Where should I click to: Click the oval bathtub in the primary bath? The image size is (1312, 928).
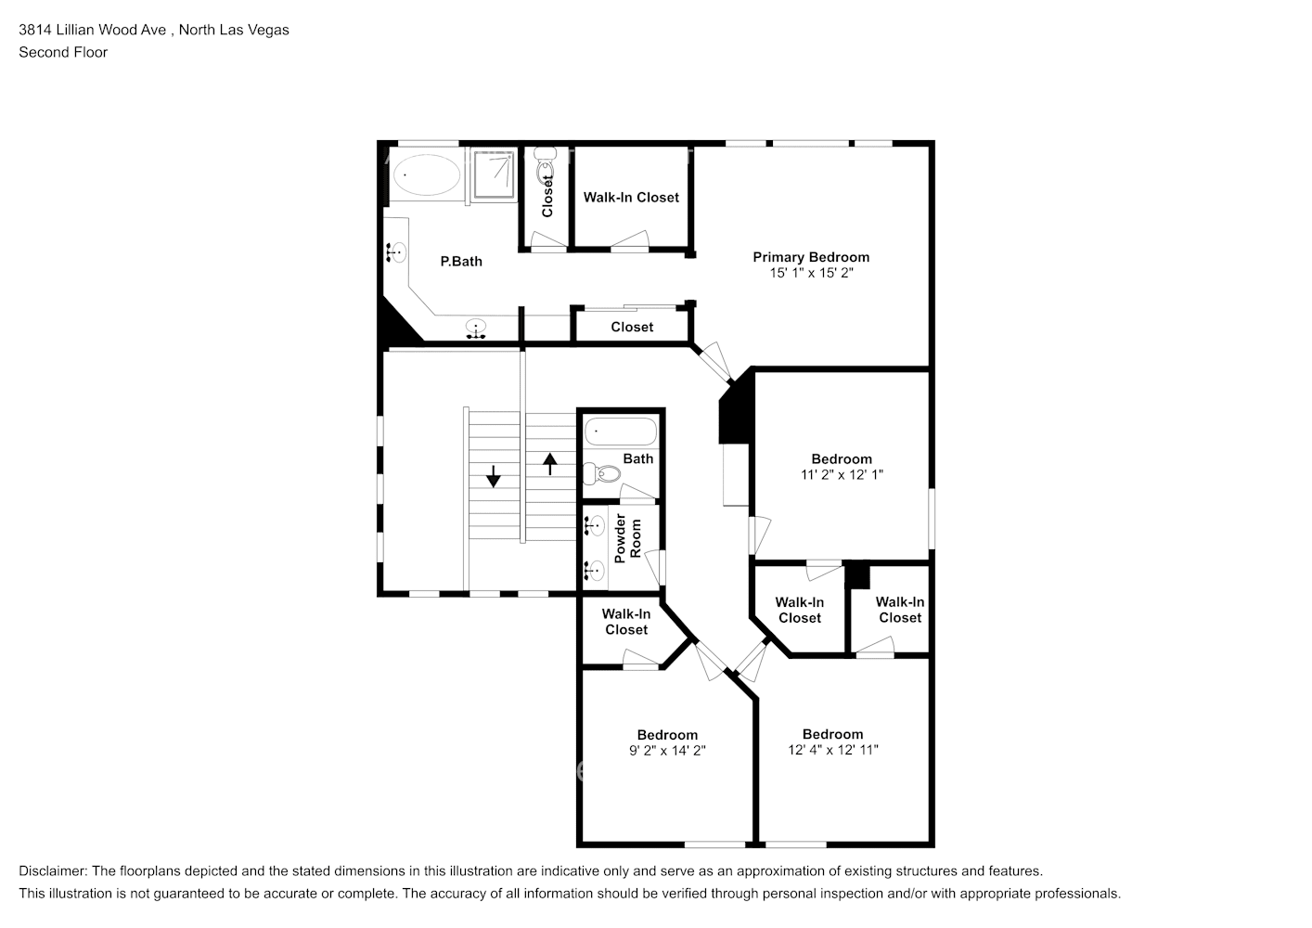[427, 174]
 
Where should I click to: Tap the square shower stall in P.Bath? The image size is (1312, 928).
[494, 174]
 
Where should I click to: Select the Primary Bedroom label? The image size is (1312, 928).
[811, 257]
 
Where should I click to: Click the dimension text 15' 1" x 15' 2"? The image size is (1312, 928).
[811, 273]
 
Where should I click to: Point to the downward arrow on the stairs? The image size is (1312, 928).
[494, 476]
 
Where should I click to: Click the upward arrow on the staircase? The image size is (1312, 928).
[549, 464]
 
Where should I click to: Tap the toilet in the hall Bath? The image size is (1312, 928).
[602, 472]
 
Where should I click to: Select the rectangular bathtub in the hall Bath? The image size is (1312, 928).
[621, 432]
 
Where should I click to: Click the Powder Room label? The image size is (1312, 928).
[628, 538]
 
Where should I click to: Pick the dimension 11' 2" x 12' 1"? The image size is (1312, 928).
[842, 475]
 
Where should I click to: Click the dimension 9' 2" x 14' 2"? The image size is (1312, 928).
[667, 751]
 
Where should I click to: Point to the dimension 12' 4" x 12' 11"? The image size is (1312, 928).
[833, 750]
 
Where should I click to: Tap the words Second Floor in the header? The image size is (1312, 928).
[63, 52]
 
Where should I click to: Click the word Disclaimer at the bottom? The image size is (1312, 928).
[53, 871]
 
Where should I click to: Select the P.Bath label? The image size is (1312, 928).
[461, 262]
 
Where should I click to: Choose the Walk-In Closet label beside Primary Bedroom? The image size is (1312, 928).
[631, 198]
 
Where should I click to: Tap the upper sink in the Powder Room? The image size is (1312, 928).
[595, 525]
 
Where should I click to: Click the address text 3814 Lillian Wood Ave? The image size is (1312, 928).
[93, 30]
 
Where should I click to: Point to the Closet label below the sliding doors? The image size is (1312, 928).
[632, 327]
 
